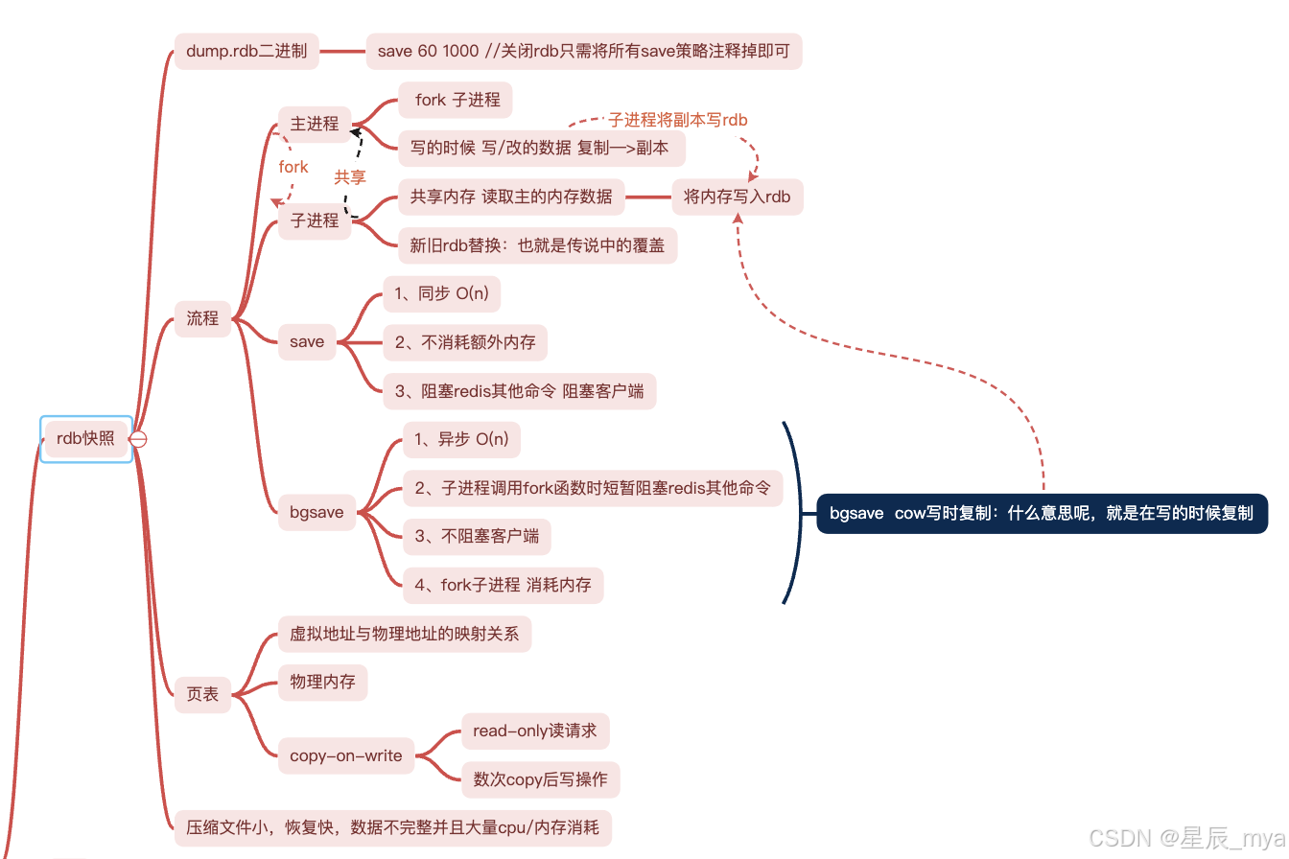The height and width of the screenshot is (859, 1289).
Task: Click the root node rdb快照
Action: point(85,438)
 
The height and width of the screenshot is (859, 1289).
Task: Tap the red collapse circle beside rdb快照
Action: point(138,439)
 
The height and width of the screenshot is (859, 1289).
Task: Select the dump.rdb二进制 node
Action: point(246,51)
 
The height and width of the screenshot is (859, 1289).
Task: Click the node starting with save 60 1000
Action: point(583,51)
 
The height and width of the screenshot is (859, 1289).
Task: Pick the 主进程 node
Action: point(315,124)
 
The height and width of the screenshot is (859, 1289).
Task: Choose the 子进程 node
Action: point(315,221)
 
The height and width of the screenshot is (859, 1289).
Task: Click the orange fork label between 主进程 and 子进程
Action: point(293,167)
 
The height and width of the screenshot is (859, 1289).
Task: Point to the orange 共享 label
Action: point(350,177)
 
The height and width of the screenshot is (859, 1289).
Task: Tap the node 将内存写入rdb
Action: point(737,197)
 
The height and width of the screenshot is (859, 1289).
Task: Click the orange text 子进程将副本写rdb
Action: point(677,120)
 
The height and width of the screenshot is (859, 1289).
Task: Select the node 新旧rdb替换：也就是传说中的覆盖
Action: point(537,245)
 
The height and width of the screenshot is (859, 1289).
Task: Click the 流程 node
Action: point(202,318)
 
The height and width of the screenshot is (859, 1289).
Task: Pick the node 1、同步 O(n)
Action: point(441,293)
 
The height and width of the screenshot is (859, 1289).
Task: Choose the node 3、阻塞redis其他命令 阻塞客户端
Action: point(519,391)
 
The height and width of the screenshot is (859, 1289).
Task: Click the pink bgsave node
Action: point(316,512)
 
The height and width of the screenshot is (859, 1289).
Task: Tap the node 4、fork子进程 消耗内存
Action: point(503,585)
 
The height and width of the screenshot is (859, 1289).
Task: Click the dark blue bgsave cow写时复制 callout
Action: point(1042,513)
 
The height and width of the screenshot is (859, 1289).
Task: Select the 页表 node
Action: point(202,694)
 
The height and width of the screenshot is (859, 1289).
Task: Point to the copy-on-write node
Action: point(346,755)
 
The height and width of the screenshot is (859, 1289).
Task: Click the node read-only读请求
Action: point(534,731)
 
